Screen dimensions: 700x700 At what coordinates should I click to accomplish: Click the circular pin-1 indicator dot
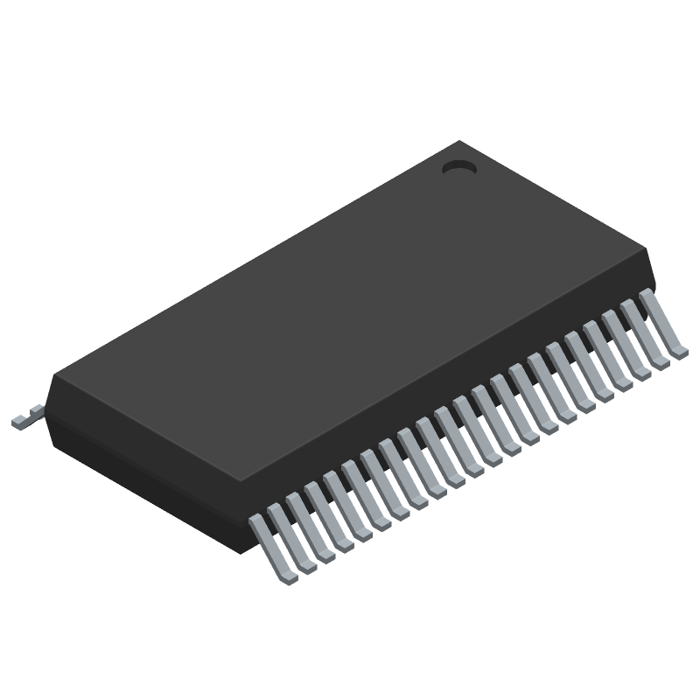[458, 166]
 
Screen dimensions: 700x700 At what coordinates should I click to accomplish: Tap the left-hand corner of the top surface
[54, 376]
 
